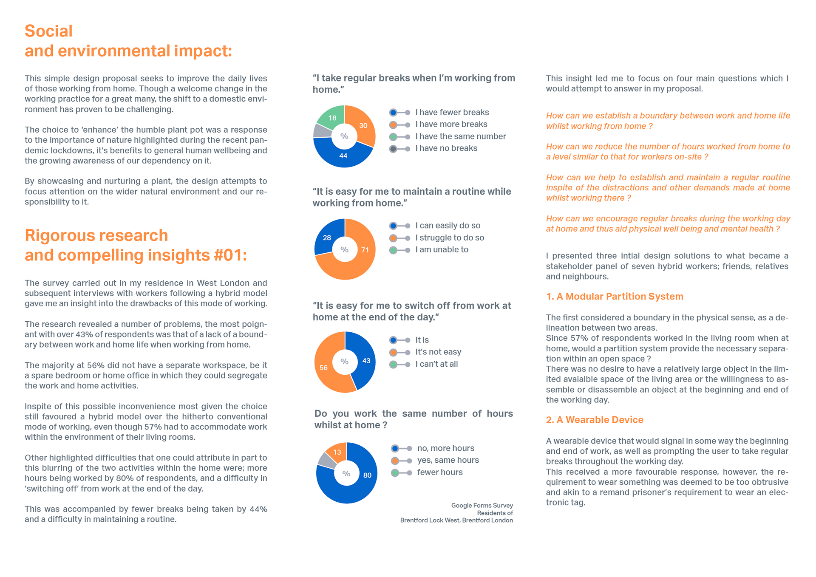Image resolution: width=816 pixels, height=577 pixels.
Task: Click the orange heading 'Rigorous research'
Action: pyautogui.click(x=96, y=235)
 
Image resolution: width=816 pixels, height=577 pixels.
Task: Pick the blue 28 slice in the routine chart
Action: pyautogui.click(x=327, y=237)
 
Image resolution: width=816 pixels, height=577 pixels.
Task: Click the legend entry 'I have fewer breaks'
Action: pyautogui.click(x=452, y=112)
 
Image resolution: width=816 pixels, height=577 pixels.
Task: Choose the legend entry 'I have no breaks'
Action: pyautogui.click(x=446, y=148)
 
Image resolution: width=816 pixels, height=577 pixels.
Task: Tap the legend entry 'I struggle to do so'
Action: pyautogui.click(x=449, y=238)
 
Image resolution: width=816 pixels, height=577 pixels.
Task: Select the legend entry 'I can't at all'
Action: pyautogui.click(x=436, y=364)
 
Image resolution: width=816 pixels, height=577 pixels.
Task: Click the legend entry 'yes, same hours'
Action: pyautogui.click(x=448, y=460)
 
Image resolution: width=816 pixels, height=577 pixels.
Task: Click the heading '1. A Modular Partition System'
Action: pyautogui.click(x=615, y=297)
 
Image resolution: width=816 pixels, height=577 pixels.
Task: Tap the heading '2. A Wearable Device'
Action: pyautogui.click(x=595, y=420)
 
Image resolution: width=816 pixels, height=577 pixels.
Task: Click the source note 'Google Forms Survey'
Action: pyautogui.click(x=482, y=506)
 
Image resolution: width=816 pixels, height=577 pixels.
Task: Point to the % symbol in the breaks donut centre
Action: pyautogui.click(x=344, y=136)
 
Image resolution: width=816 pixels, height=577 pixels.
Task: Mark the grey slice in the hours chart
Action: pyautogui.click(x=326, y=461)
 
